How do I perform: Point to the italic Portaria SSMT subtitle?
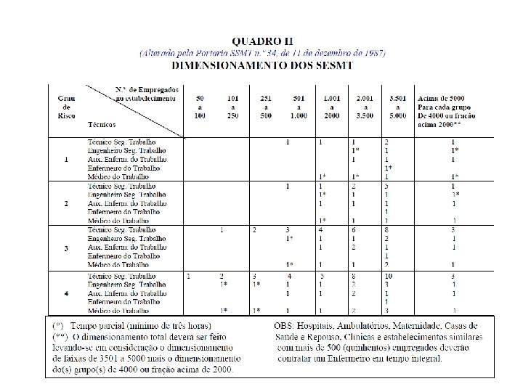click(x=261, y=53)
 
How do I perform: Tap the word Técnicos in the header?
click(x=102, y=124)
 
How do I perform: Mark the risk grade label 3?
click(x=66, y=248)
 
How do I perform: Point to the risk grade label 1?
click(x=66, y=159)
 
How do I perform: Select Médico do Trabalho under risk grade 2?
click(x=118, y=221)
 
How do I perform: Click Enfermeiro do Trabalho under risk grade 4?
click(x=121, y=302)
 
